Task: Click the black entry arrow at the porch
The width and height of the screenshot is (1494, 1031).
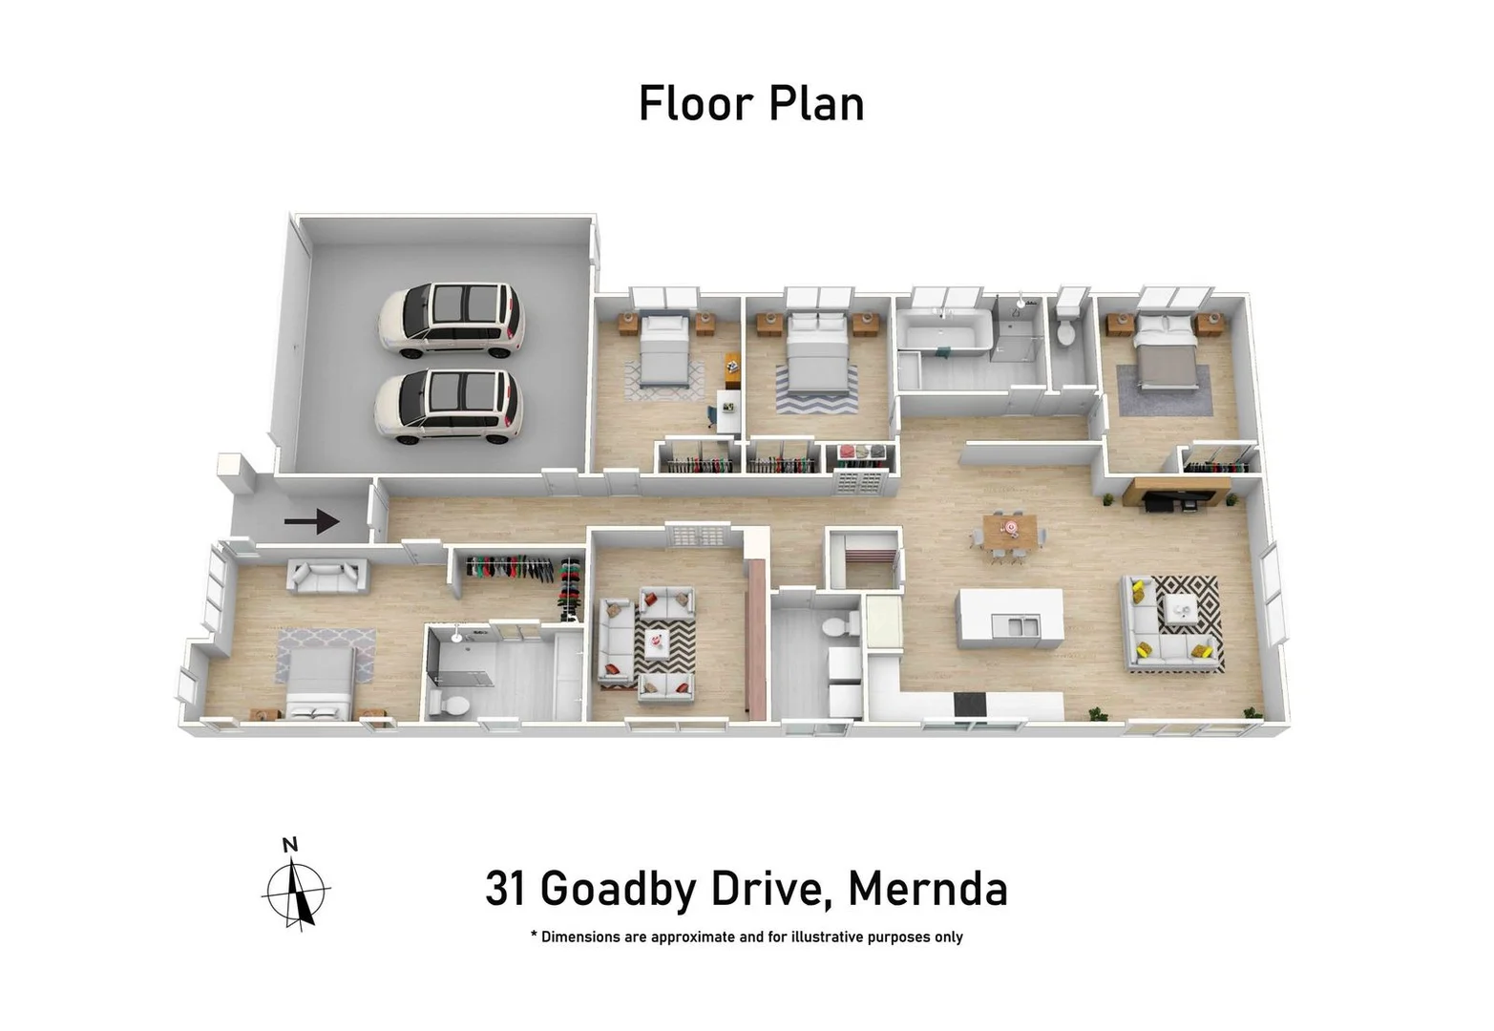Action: (x=311, y=521)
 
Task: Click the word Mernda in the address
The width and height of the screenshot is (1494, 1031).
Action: (x=927, y=889)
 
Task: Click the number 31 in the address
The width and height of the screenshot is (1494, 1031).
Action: (x=506, y=889)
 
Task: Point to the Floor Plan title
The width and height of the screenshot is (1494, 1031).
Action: (x=751, y=104)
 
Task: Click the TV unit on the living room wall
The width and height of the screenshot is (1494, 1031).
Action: (x=1175, y=495)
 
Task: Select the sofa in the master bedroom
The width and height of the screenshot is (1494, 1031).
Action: (x=327, y=577)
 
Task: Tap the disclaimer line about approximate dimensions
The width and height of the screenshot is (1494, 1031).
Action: (x=747, y=937)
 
